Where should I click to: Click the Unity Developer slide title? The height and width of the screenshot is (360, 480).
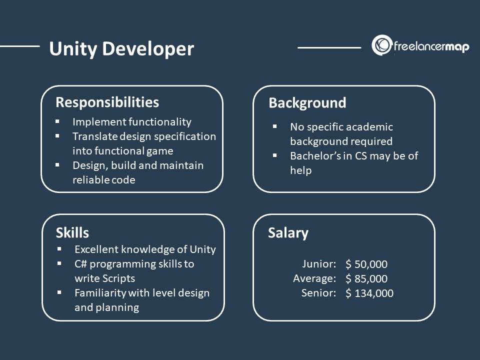click(121, 49)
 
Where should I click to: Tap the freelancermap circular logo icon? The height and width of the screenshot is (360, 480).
click(381, 45)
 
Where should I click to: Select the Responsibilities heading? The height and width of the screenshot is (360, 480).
click(107, 102)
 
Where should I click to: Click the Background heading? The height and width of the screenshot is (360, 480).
click(307, 103)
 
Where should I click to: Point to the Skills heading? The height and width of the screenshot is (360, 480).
click(72, 232)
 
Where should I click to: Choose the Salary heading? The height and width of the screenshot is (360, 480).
click(288, 233)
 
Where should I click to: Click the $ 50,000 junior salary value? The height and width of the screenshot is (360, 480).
click(366, 264)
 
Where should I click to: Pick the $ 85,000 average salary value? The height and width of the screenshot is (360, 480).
click(366, 279)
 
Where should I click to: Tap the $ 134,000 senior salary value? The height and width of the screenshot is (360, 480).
click(369, 293)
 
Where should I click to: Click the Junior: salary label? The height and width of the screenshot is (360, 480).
click(319, 264)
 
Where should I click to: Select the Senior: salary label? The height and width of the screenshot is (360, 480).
click(318, 293)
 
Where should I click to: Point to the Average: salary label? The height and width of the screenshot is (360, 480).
click(314, 278)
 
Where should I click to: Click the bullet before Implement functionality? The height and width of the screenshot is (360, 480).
click(57, 121)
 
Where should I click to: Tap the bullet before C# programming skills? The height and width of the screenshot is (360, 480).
click(59, 263)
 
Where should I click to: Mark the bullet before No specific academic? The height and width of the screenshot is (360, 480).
click(274, 127)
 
